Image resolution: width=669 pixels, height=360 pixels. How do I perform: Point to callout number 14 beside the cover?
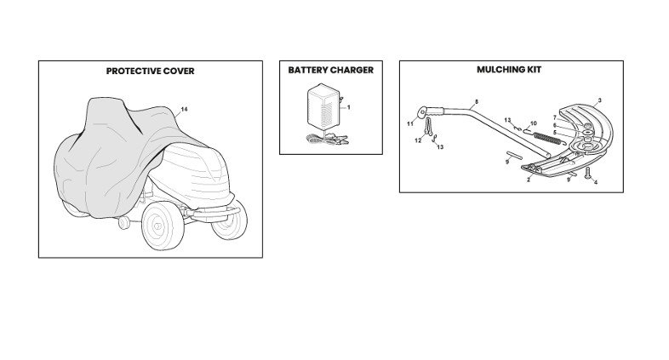(x=184, y=109)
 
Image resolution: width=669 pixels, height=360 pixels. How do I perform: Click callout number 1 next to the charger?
(x=349, y=107)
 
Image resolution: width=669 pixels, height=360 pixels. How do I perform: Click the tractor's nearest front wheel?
(x=163, y=226)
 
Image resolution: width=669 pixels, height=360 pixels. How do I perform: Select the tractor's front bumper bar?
(x=215, y=213)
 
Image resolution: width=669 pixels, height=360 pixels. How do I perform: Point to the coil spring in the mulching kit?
(x=548, y=138)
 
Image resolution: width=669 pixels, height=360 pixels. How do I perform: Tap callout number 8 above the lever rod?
(x=477, y=102)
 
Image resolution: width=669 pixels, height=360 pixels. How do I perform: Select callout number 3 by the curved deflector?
(x=599, y=100)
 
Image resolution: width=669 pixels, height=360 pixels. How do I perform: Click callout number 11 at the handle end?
(x=410, y=124)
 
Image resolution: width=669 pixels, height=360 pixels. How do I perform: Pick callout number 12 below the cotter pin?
(x=418, y=140)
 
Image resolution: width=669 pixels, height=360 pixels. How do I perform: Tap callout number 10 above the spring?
(x=534, y=123)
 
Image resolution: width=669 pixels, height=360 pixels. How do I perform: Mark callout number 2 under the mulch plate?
(x=529, y=180)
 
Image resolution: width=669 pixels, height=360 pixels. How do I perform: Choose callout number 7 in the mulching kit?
(x=555, y=117)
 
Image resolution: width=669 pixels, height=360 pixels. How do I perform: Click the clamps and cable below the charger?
(x=327, y=138)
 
